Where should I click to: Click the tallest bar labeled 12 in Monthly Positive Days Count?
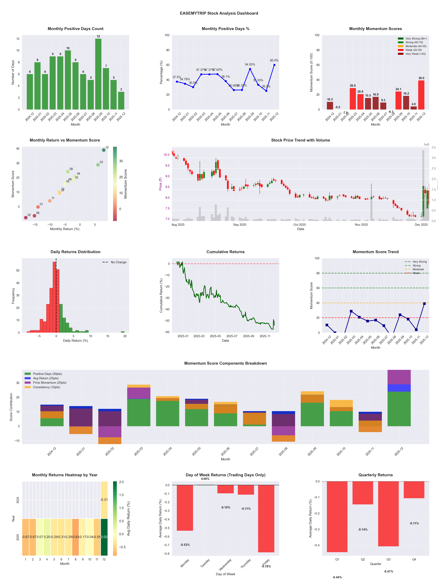98,74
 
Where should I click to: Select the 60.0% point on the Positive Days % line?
274,65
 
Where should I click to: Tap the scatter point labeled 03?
98,165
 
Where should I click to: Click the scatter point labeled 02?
26,218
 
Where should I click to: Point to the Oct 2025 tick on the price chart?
299,225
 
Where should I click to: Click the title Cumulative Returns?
225,252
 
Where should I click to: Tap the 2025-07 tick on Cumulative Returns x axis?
232,336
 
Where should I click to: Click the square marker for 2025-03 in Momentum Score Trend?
351,311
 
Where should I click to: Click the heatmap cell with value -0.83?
75,537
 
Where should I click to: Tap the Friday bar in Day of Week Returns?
266,518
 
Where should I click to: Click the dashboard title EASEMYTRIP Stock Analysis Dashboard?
219,13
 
